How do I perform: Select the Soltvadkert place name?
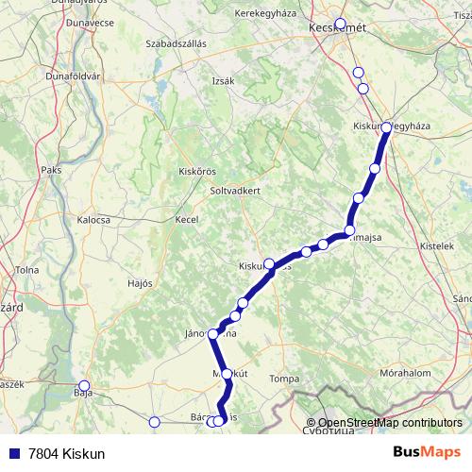pos(234,189)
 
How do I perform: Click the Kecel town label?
pos(186,219)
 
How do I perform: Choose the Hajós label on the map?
pos(140,282)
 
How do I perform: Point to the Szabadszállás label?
pos(177,43)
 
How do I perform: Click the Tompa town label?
pos(284,379)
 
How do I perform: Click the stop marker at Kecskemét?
pos(341,25)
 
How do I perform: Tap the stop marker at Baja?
pos(84,385)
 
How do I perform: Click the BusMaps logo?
pos(427,452)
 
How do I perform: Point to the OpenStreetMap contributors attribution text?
pos(390,423)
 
